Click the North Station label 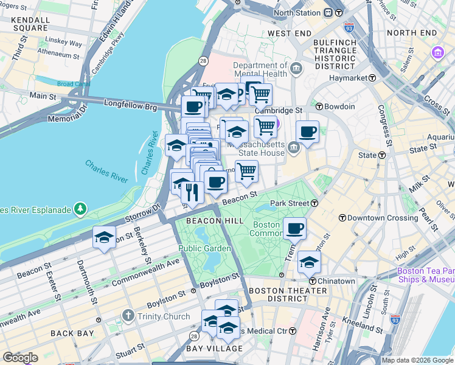tap(296, 13)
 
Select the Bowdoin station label tap(339, 106)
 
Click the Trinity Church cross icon tap(128, 316)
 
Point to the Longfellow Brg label tap(131, 108)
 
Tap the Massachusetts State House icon tap(294, 147)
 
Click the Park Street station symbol tap(313, 203)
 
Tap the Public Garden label tap(204, 248)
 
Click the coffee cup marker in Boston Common tap(294, 229)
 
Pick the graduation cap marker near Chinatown tap(309, 262)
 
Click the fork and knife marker tap(192, 193)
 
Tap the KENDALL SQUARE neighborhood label tap(30, 24)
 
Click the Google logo tap(20, 358)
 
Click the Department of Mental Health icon tap(297, 68)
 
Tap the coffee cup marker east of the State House tap(308, 131)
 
